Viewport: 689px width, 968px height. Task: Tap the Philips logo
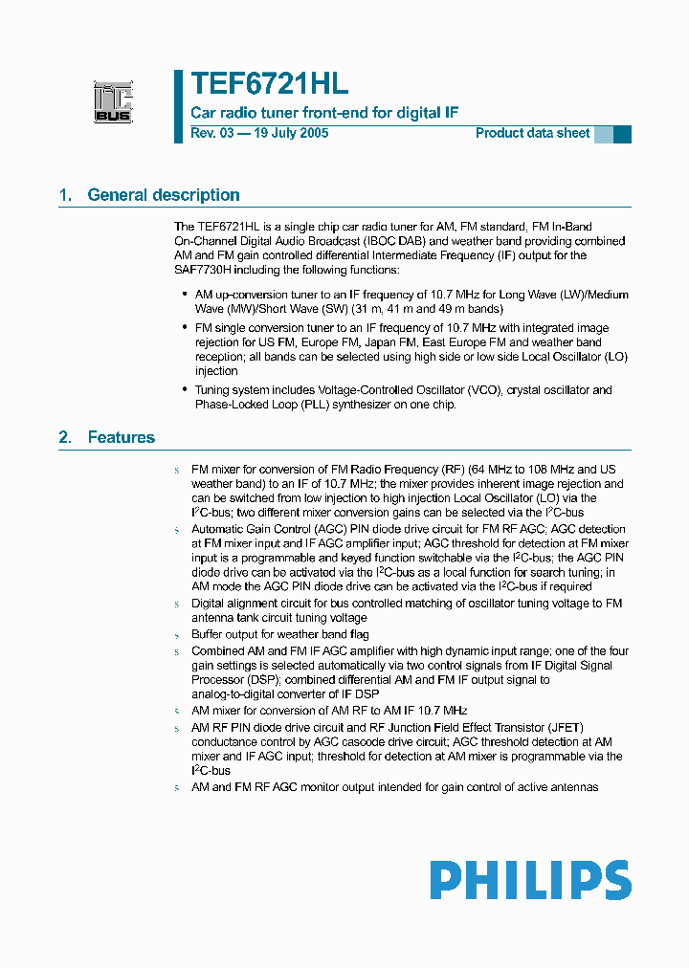[529, 880]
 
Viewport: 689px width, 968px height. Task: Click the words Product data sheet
[532, 133]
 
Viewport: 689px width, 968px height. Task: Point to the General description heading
[164, 195]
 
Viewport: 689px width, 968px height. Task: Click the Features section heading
[121, 437]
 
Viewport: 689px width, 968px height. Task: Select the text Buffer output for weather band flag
[280, 634]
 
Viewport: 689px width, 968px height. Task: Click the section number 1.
[65, 195]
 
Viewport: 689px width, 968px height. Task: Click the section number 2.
[65, 437]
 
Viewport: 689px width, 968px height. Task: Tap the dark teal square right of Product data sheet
[622, 134]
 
